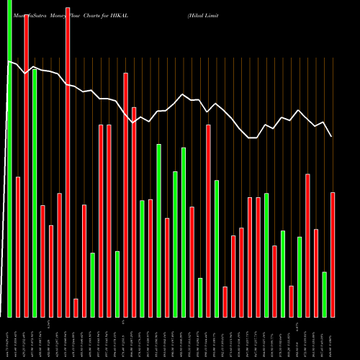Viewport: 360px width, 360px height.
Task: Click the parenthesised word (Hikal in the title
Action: click(197, 4)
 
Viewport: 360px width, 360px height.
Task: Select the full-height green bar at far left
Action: click(10, 158)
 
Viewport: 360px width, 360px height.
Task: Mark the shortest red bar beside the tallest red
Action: click(76, 307)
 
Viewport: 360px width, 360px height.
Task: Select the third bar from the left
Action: click(27, 166)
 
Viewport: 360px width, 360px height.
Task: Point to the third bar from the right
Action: click(316, 273)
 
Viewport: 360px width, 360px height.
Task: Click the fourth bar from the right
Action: click(307, 245)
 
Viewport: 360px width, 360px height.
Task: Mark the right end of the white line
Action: click(331, 136)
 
